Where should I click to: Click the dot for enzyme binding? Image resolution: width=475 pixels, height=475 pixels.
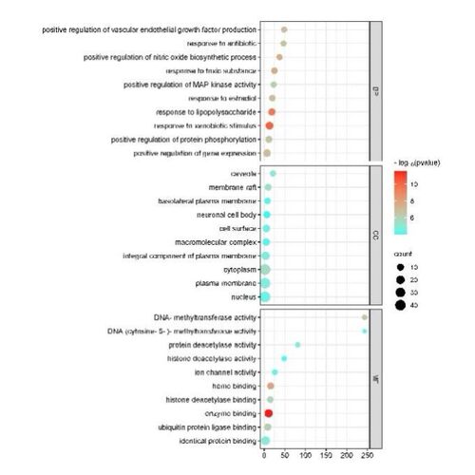click(269, 413)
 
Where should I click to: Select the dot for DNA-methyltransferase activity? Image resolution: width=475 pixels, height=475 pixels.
click(365, 316)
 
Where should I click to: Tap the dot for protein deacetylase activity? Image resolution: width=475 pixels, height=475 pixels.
click(297, 345)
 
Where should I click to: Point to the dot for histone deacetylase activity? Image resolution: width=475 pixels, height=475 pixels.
click(284, 358)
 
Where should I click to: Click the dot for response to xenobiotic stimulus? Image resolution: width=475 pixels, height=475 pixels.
click(269, 125)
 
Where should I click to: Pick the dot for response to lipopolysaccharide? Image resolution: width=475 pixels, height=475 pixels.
click(272, 111)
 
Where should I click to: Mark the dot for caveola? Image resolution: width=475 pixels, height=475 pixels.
click(273, 173)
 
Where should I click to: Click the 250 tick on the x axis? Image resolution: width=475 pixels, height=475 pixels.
click(368, 457)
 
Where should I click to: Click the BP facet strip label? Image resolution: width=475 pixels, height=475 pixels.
click(376, 90)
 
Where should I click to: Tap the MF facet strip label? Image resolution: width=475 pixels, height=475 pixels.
click(376, 378)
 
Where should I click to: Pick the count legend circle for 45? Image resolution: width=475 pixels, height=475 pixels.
click(402, 305)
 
